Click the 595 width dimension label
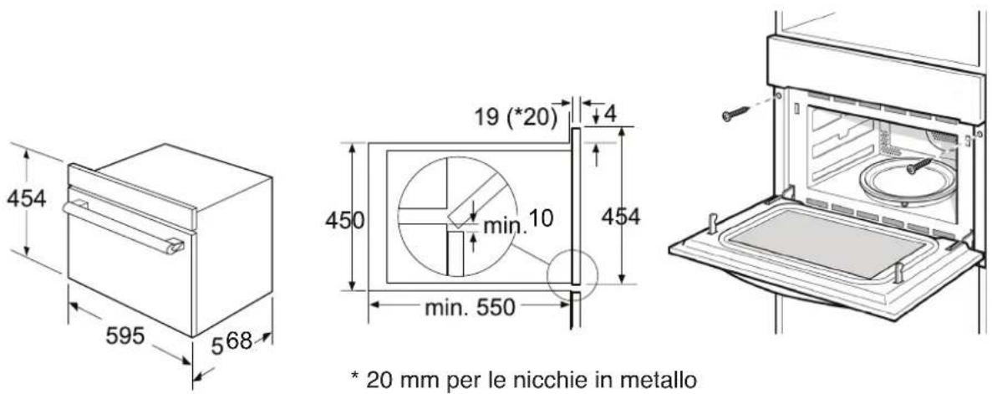[125, 336]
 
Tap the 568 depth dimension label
[231, 343]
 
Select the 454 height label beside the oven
[27, 199]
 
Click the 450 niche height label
[345, 221]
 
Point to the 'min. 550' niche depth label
[470, 308]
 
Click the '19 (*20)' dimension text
[516, 118]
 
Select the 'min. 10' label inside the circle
[518, 222]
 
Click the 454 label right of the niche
[621, 217]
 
